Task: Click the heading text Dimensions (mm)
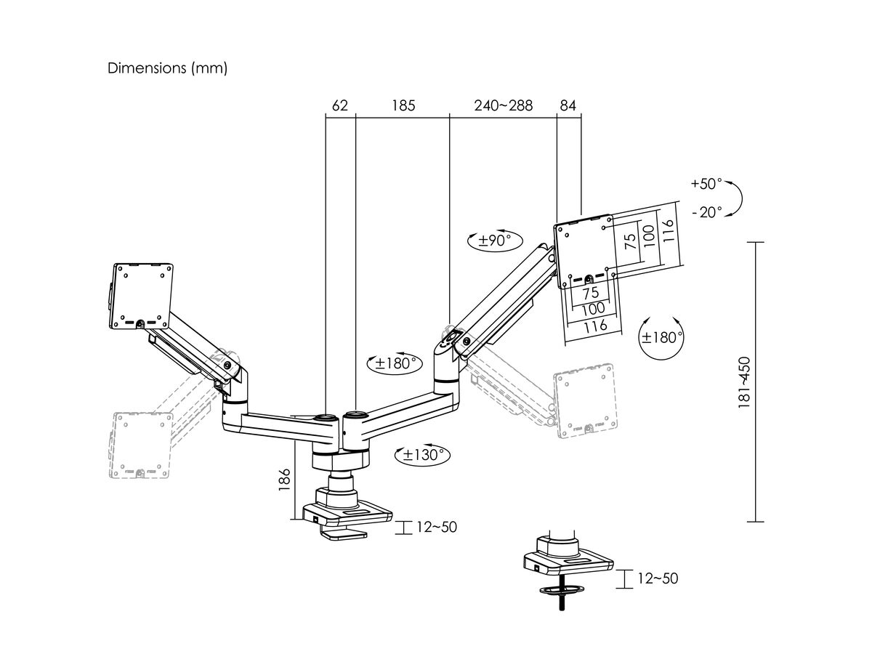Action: tap(168, 68)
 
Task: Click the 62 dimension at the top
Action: tap(340, 105)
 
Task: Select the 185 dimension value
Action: tap(403, 105)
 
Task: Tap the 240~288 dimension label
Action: tap(504, 105)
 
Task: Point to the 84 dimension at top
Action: tap(568, 105)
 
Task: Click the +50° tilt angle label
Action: tap(706, 184)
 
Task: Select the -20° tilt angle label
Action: tap(707, 212)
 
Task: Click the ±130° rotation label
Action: tap(422, 456)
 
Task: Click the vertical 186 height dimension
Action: tap(284, 481)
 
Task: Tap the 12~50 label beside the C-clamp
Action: tap(437, 527)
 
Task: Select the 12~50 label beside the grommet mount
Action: tap(658, 578)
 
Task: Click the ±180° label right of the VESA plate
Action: tap(661, 337)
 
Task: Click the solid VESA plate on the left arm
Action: tap(143, 294)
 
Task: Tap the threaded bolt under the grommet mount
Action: tap(562, 603)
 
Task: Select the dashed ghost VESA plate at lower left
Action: tap(143, 445)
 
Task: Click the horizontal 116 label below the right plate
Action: tap(595, 326)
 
